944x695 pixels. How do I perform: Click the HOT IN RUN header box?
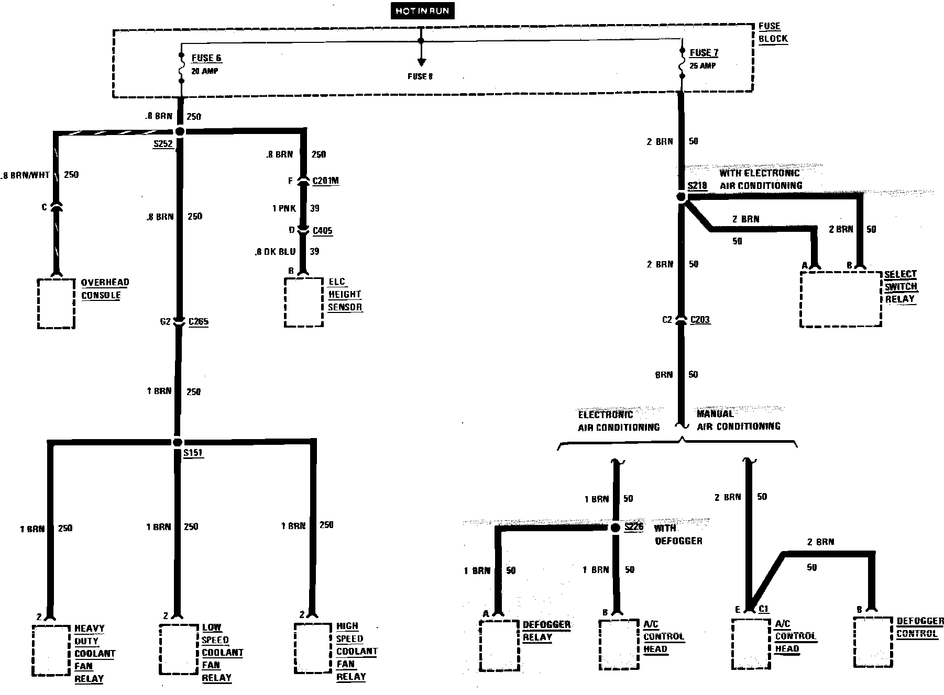point(422,12)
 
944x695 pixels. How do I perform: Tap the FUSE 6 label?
point(206,58)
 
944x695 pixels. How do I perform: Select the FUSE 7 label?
point(704,53)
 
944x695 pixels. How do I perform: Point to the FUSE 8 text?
point(420,76)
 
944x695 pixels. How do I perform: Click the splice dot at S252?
point(180,131)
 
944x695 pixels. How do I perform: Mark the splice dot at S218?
point(681,197)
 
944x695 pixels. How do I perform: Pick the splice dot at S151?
point(177,442)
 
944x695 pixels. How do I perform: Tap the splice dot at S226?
point(616,528)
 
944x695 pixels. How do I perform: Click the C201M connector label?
point(325,181)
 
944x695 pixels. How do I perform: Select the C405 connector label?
point(322,230)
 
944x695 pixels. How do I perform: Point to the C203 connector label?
point(700,319)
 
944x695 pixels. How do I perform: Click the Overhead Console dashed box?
point(56,304)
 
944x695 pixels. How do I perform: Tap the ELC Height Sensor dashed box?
point(303,302)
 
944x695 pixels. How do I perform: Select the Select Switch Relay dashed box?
point(840,299)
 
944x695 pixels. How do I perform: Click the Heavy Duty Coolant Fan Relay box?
point(51,650)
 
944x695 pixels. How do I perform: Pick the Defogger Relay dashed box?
point(499,645)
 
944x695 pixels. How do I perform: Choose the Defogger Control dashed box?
point(872,642)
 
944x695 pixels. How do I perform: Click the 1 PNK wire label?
point(284,208)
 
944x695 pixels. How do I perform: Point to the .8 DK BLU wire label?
point(276,252)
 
